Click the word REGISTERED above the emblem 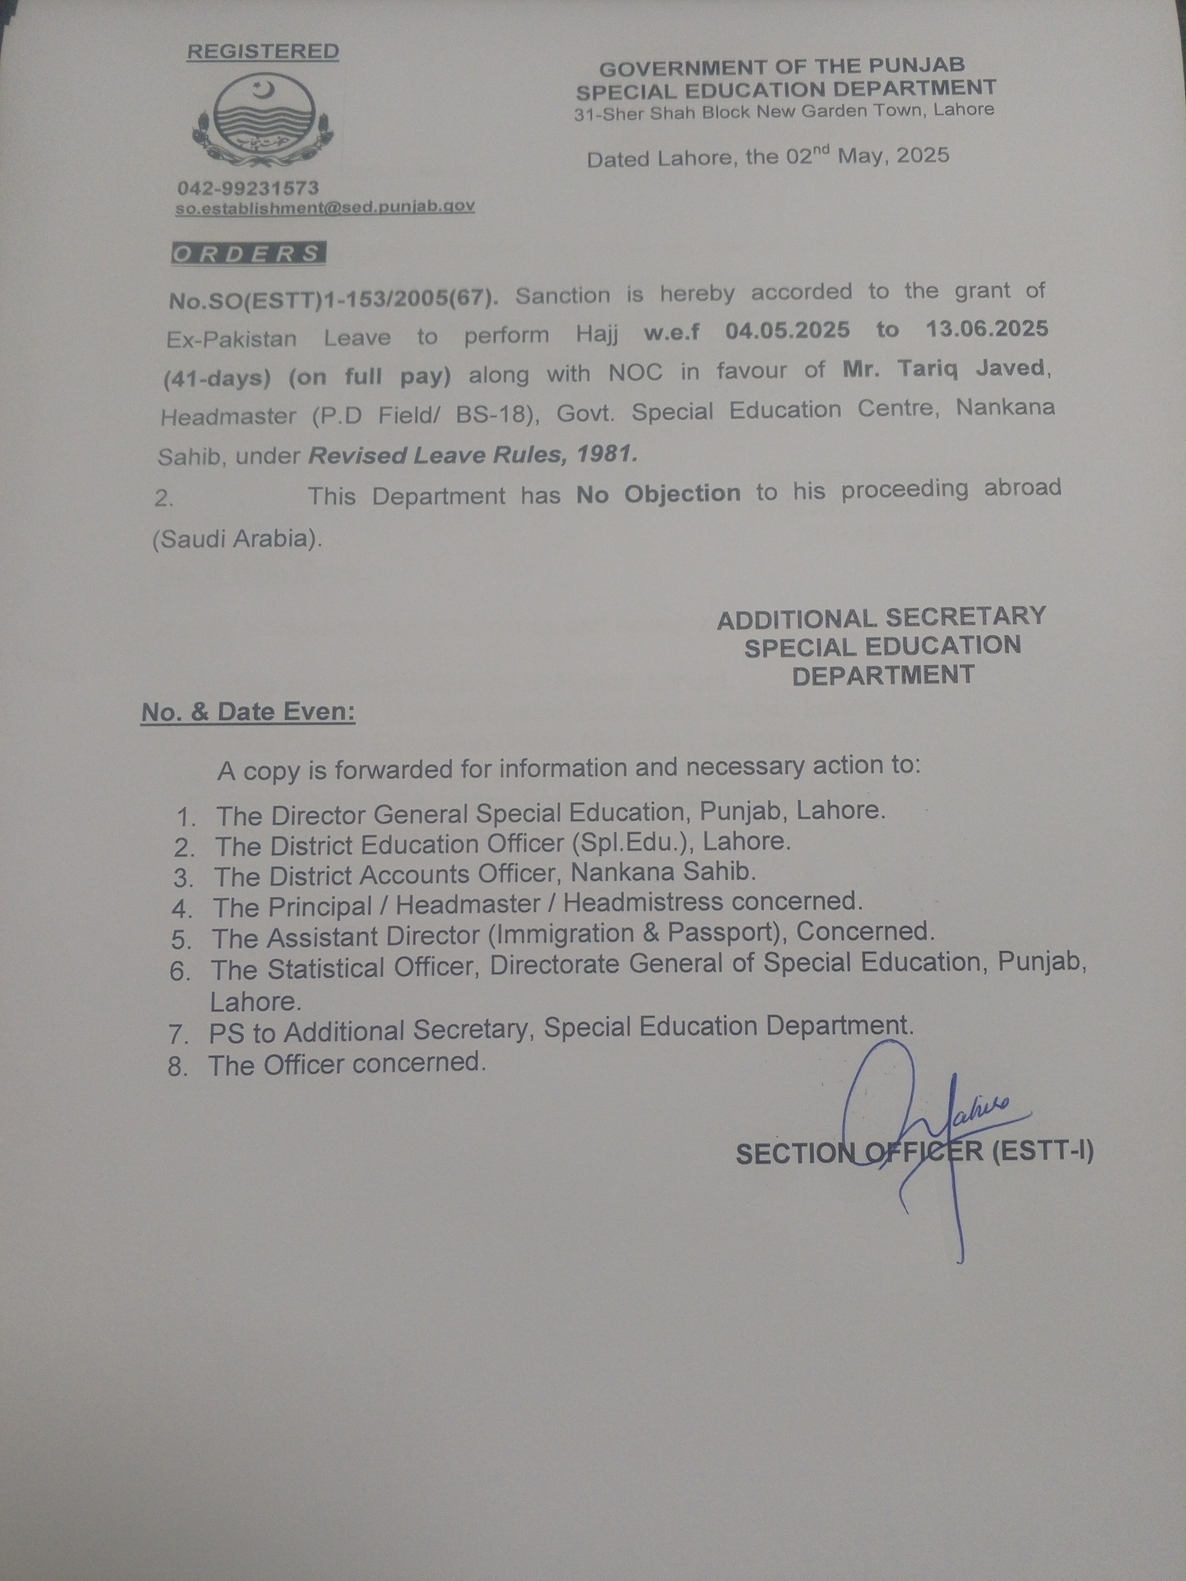pyautogui.click(x=262, y=51)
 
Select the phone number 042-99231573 pyautogui.click(x=248, y=189)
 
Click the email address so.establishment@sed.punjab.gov pyautogui.click(x=325, y=207)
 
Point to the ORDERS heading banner pyautogui.click(x=248, y=254)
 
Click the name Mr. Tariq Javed pyautogui.click(x=944, y=369)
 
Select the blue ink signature pyautogui.click(x=922, y=1129)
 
